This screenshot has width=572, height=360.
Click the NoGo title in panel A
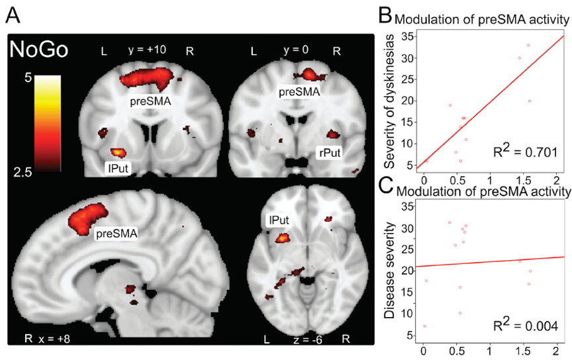[37, 51]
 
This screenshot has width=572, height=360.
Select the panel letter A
[13, 13]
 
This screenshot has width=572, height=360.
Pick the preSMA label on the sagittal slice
[113, 233]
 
